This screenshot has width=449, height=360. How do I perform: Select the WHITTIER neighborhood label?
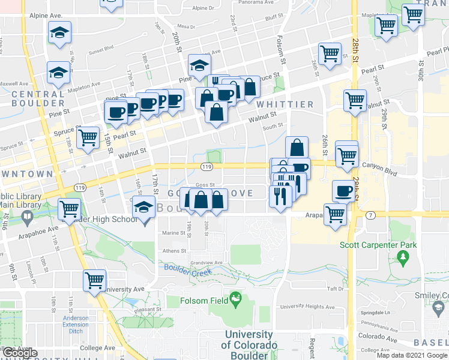click(285, 104)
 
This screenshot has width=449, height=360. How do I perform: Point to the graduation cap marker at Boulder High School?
click(143, 208)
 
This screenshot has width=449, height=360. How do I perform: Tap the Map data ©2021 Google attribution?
click(411, 355)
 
